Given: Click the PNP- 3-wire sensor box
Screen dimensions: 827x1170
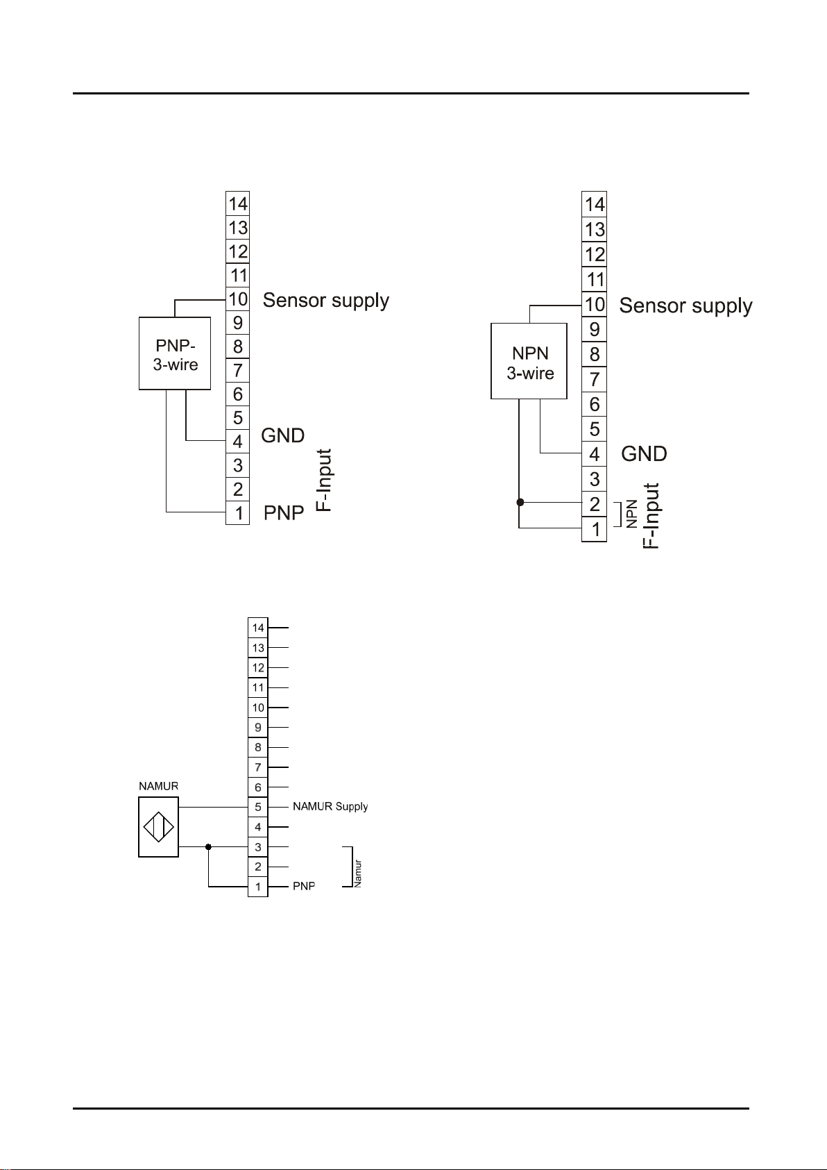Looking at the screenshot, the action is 175,353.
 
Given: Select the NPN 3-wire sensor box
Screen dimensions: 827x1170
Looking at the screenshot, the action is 529,361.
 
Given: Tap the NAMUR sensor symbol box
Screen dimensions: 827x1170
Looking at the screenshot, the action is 159,827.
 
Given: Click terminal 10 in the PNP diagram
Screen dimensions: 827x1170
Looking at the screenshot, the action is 238,299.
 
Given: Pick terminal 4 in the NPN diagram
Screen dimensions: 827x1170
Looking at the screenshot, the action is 595,454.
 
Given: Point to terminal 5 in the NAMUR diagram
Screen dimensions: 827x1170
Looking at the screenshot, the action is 258,807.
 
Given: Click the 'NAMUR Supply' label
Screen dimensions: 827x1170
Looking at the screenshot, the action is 330,806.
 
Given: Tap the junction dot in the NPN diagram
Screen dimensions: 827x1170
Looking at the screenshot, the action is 520,503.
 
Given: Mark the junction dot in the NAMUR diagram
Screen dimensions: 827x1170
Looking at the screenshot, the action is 208,846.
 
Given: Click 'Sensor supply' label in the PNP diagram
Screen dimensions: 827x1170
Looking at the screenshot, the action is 326,301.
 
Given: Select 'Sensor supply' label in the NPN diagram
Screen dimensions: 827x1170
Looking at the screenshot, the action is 685,306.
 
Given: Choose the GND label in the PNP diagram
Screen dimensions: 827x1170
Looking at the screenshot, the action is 283,435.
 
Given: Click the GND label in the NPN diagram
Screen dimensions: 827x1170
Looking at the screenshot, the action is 644,454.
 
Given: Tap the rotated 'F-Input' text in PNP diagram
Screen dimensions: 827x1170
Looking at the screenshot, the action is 324,480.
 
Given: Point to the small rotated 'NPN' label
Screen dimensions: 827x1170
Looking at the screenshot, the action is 632,514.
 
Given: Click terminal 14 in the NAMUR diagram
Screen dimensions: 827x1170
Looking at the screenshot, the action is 258,627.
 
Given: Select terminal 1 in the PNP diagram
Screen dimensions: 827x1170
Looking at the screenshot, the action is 238,513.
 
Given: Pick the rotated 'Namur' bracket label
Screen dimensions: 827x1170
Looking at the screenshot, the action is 358,874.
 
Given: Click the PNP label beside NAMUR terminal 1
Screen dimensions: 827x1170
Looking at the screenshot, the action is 304,887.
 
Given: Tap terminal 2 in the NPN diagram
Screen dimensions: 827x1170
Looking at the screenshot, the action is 595,504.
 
